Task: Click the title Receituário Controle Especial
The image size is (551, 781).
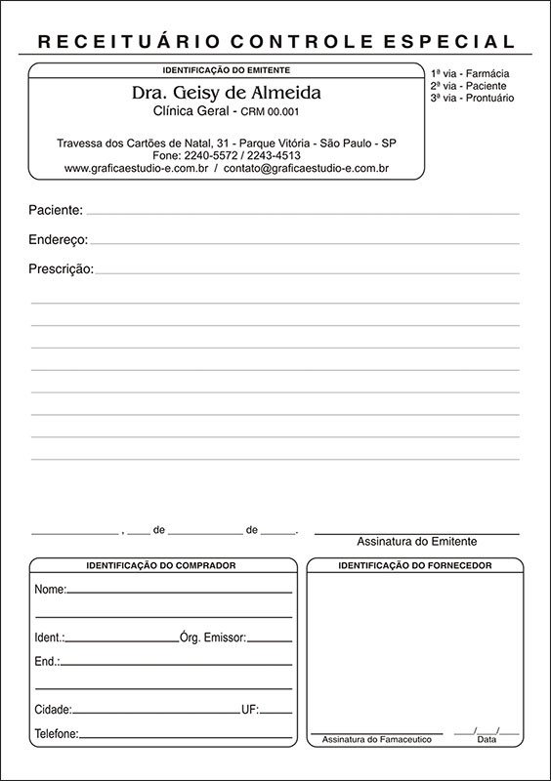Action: (275, 41)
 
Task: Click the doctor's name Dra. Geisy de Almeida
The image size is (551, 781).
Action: (226, 94)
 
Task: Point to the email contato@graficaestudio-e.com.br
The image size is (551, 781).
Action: (307, 168)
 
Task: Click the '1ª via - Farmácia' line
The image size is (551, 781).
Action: (470, 74)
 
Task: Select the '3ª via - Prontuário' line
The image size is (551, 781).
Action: (472, 98)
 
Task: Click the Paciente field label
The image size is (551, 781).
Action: (56, 210)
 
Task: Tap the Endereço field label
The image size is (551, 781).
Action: (59, 239)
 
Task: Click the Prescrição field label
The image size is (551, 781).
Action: (62, 268)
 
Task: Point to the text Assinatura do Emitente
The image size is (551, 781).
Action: (423, 542)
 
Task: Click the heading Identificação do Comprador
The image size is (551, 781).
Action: (161, 565)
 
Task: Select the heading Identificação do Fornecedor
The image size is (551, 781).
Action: (414, 565)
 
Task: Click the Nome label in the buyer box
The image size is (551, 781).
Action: (50, 590)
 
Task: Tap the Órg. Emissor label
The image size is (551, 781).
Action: (213, 637)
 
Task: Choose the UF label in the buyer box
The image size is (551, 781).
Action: (249, 709)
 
